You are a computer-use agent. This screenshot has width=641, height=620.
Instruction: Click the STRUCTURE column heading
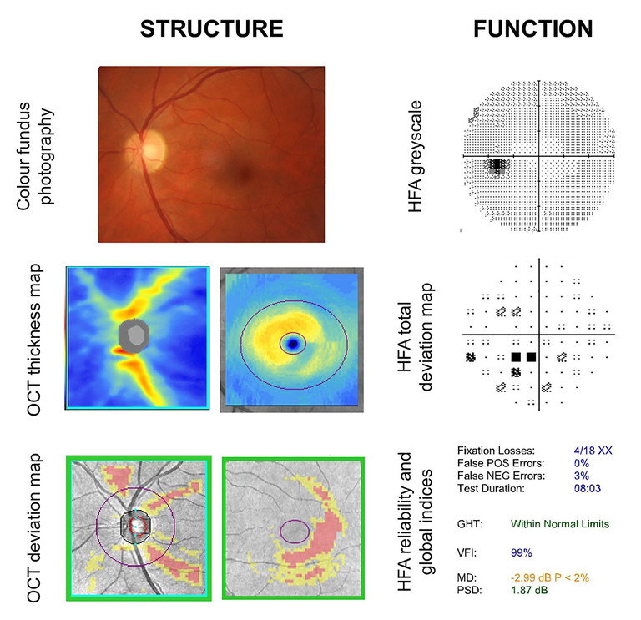pos(212,28)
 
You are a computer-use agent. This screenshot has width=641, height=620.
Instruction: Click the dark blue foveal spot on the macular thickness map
pos(291,343)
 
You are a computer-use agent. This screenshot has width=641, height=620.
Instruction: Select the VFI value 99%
pos(522,552)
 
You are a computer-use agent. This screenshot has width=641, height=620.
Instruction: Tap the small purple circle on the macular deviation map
pos(292,531)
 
